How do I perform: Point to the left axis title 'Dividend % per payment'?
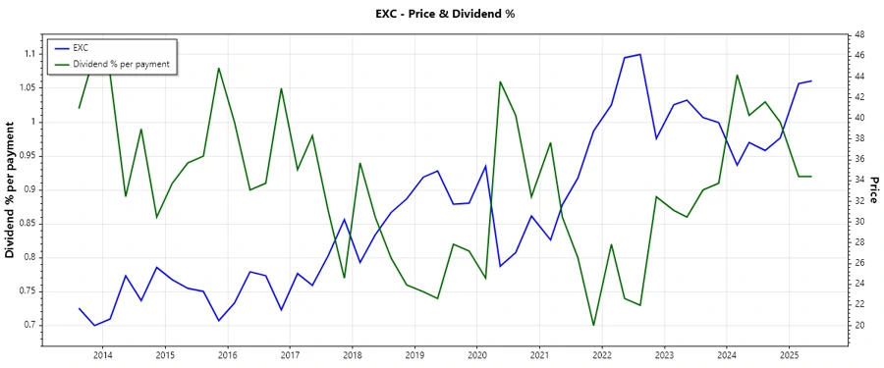tap(11, 190)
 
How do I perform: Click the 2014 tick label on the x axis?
tap(102, 354)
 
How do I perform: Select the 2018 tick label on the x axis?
tap(352, 354)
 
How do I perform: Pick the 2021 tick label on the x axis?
tap(539, 354)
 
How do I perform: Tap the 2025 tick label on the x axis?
tap(789, 354)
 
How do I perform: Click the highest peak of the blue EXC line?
tap(640, 54)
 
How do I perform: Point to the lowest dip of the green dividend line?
tap(593, 325)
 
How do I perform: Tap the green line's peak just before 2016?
tap(218, 68)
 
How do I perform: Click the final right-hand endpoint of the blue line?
tap(811, 80)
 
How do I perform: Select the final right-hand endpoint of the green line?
tap(811, 177)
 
